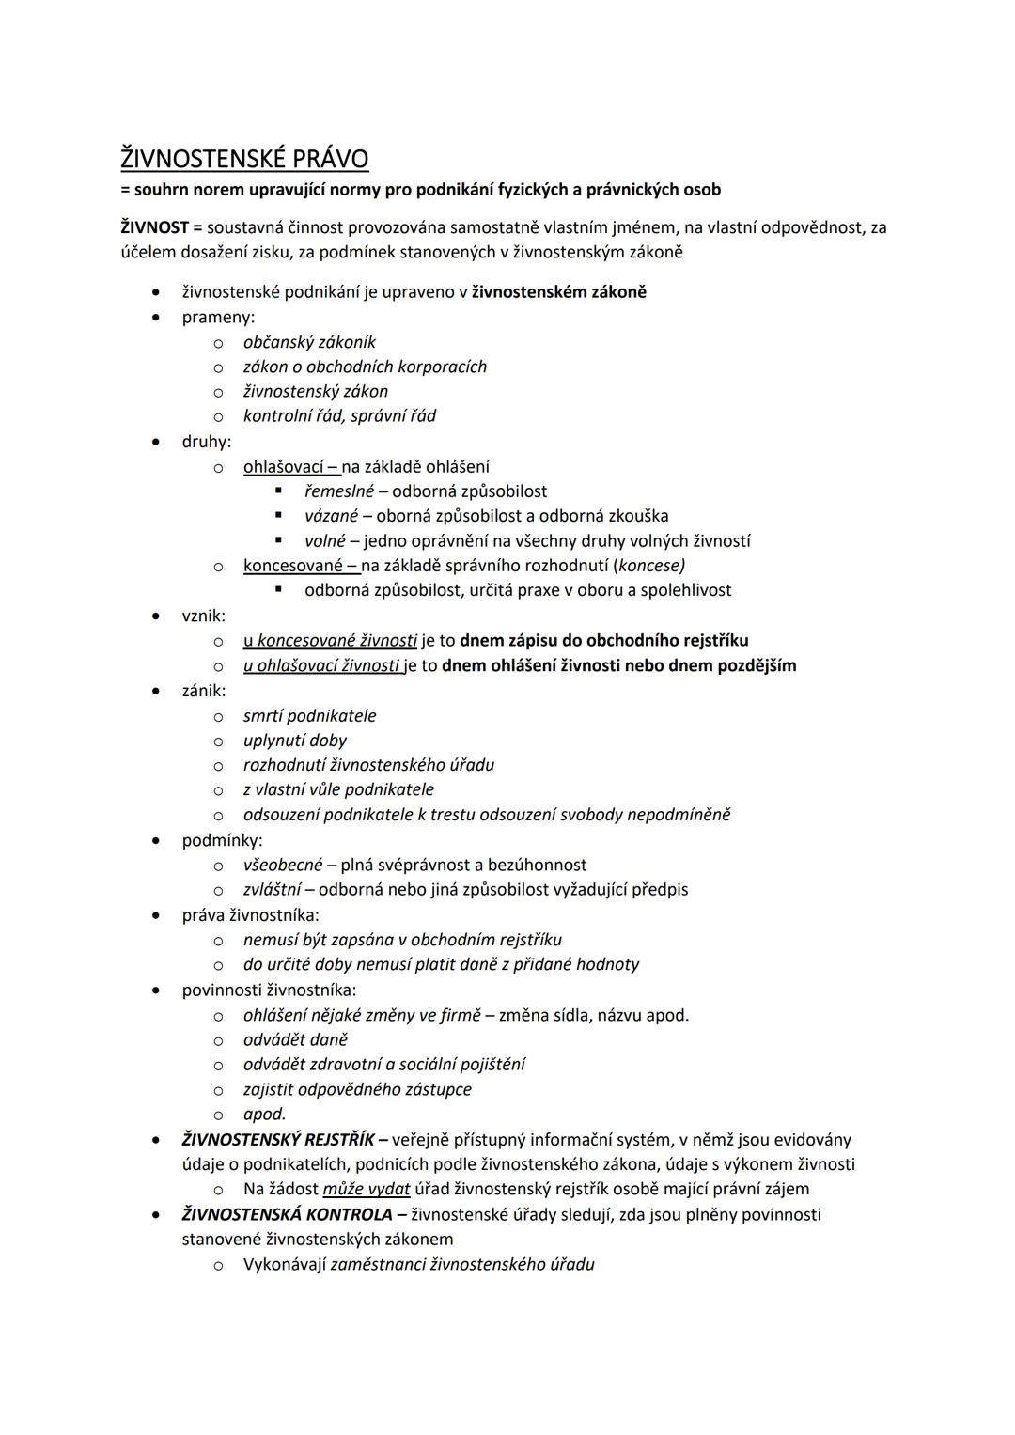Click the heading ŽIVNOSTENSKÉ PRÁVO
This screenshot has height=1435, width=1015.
pos(244,158)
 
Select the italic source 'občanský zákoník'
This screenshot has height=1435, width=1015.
pos(309,342)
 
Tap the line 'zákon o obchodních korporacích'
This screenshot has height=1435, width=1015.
pos(365,367)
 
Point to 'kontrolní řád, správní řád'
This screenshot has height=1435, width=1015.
pos(339,415)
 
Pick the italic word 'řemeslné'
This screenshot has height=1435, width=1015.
pos(339,491)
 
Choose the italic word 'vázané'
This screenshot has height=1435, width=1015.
pos(331,515)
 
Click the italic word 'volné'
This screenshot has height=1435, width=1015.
pos(325,540)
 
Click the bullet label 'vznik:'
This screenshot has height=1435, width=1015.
pos(203,616)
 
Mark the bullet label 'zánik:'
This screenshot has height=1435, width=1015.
pos(204,691)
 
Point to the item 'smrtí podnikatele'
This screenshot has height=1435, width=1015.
pos(309,715)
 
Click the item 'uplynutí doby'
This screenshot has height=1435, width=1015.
pos(295,741)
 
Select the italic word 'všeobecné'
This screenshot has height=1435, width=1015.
pos(283,865)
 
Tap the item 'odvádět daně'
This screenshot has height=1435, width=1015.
pos(295,1039)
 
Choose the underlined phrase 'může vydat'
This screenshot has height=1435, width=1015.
pos(366,1189)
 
